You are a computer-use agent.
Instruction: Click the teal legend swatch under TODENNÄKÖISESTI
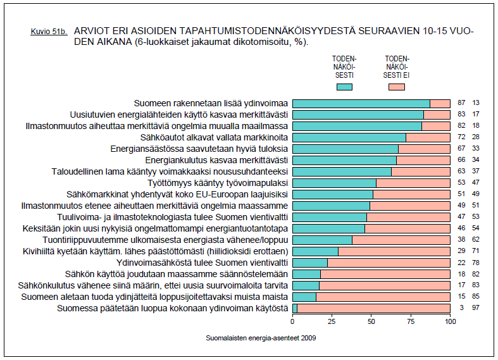tap(345, 87)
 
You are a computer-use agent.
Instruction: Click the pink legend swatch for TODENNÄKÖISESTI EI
tap(397, 87)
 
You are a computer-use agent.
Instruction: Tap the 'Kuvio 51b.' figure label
tap(49, 31)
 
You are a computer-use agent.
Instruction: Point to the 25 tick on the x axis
tap(332, 321)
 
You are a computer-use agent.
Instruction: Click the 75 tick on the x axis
tap(411, 321)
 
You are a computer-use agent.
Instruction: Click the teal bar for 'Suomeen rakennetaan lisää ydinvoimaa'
tap(361, 103)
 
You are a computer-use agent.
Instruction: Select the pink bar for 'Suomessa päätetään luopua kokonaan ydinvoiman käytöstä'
tap(373, 308)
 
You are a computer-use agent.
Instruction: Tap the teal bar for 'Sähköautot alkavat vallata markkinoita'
tap(349, 137)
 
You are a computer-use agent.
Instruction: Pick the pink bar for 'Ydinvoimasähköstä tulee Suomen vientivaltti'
tap(389, 263)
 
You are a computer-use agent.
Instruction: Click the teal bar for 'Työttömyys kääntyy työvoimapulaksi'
tap(334, 183)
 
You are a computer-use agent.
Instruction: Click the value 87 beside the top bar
tap(461, 103)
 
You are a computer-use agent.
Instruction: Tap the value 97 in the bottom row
tap(476, 308)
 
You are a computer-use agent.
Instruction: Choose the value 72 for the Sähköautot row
tap(461, 137)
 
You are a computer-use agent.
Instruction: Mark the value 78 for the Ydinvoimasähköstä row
tap(476, 263)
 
